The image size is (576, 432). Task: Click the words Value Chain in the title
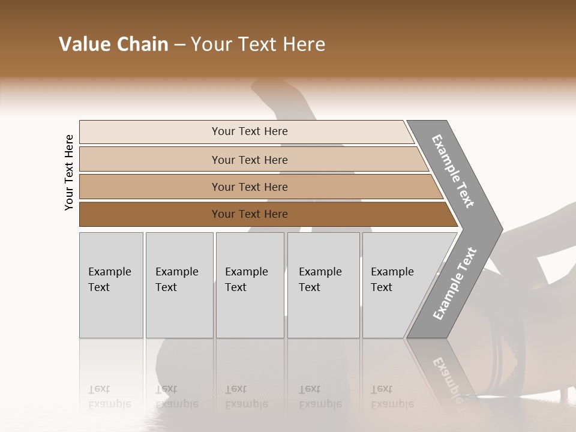click(113, 44)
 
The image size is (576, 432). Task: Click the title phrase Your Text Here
click(258, 44)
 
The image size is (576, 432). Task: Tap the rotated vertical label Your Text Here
click(69, 172)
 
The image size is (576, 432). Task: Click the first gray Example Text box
click(111, 285)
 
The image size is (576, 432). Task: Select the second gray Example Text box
click(179, 285)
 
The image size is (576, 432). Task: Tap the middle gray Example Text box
click(250, 285)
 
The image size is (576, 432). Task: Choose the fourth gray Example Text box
click(323, 285)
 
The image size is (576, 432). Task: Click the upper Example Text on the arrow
click(454, 171)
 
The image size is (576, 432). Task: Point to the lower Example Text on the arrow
click(455, 284)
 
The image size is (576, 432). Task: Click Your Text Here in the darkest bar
click(250, 214)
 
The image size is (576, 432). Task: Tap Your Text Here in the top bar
click(250, 131)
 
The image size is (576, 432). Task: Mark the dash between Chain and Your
click(179, 45)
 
